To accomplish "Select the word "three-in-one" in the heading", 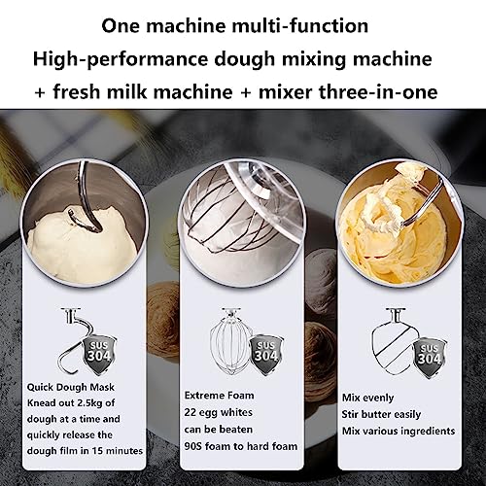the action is coord(378,92).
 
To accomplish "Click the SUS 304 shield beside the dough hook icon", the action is coord(99,355).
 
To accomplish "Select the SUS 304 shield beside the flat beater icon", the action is coord(430,358).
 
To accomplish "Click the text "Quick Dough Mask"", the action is coord(71,387).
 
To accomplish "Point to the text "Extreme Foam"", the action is coord(219,396).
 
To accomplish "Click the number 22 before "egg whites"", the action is coord(191,413).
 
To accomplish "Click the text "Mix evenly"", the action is coord(368,398).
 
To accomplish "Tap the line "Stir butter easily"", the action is coord(381,415).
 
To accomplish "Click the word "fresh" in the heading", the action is coord(77,92).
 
